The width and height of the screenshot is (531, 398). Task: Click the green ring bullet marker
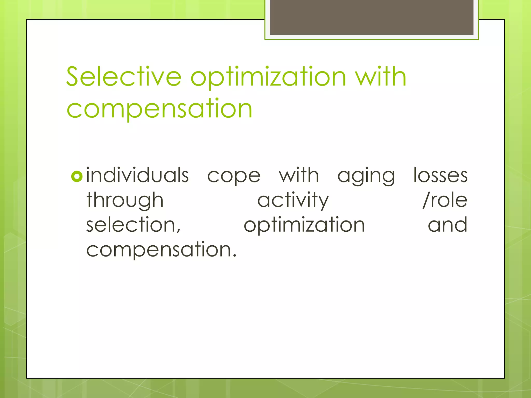pyautogui.click(x=77, y=176)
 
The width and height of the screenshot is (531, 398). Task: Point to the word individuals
pyautogui.click(x=137, y=175)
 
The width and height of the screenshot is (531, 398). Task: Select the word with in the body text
pyautogui.click(x=299, y=175)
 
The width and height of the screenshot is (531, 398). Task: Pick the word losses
pyautogui.click(x=440, y=175)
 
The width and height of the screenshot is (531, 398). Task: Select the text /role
pyautogui.click(x=445, y=200)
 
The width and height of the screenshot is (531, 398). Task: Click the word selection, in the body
pyautogui.click(x=133, y=225)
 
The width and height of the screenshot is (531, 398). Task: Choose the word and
pyautogui.click(x=448, y=225)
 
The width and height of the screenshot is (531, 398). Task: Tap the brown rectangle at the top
pyautogui.click(x=372, y=17)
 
